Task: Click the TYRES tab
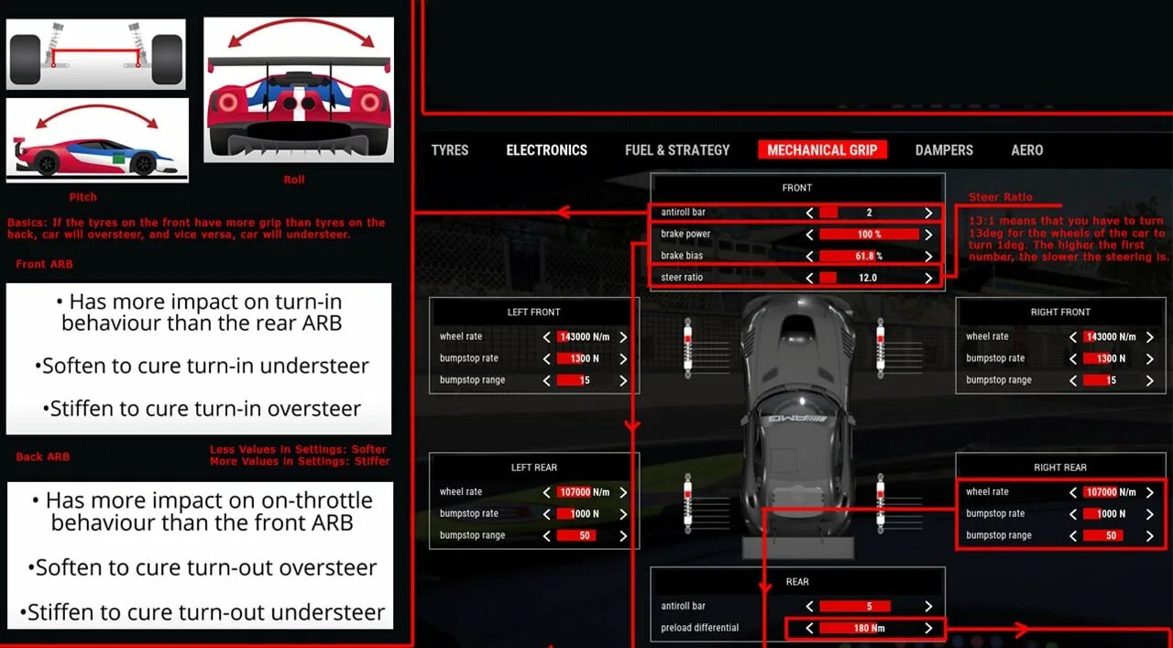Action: tap(450, 150)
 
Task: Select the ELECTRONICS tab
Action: tap(546, 150)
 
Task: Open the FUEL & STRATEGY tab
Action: tap(677, 150)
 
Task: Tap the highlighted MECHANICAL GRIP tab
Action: tap(822, 150)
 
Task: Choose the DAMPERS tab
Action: tap(944, 150)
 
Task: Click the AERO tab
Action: tap(1027, 150)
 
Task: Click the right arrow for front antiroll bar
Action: tap(928, 213)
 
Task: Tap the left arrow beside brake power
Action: tap(809, 235)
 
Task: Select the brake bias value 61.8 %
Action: tap(868, 257)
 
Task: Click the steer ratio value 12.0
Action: tap(868, 278)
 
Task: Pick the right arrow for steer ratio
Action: tap(928, 278)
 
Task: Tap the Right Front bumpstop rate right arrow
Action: tap(1149, 358)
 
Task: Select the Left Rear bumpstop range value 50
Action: tap(584, 536)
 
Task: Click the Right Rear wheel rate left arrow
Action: tap(1073, 492)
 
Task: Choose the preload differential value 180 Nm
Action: tap(868, 629)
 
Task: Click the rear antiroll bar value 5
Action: tap(868, 607)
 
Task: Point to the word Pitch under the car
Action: tap(82, 197)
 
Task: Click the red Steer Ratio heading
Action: tap(1000, 197)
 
